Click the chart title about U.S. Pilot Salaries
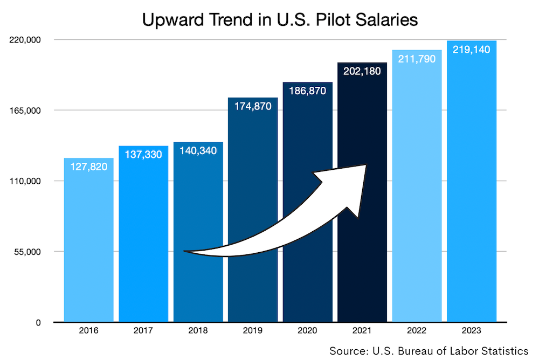tap(280, 20)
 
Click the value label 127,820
tap(89, 167)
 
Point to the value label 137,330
tap(143, 155)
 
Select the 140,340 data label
tap(198, 150)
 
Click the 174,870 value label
tap(253, 106)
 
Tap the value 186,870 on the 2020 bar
tap(308, 91)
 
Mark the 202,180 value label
tap(362, 71)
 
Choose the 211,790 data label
tap(417, 59)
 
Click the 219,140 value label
tap(472, 50)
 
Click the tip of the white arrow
tap(367, 164)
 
